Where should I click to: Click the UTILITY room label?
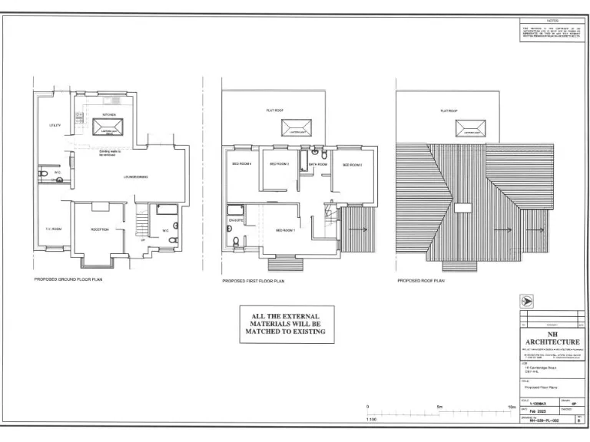point(55,125)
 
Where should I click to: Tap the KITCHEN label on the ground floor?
point(108,114)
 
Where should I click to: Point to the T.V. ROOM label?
point(52,229)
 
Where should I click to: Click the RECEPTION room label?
point(100,229)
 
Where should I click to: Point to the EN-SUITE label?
point(234,219)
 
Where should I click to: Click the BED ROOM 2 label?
point(352,165)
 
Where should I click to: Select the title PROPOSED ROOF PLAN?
point(420,281)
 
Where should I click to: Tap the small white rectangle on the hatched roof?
point(463,207)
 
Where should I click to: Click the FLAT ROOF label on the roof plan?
point(449,111)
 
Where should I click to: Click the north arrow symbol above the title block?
point(527,302)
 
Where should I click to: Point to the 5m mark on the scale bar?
point(439,407)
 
